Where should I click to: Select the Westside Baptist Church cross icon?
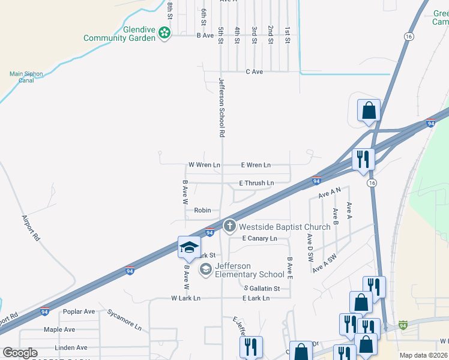pos(229,226)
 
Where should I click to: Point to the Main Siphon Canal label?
pos(26,77)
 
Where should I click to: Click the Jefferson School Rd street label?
pos(221,108)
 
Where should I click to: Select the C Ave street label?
pos(255,72)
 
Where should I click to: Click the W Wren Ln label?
pos(204,164)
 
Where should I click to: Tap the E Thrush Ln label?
pos(256,183)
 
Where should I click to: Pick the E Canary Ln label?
pos(259,238)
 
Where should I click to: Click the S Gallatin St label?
pos(262,289)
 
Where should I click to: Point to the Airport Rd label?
pos(31,228)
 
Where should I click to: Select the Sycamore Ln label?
pos(124,320)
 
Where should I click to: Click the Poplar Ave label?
pos(79,311)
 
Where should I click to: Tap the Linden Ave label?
pos(71,347)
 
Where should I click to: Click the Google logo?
pos(20,353)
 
